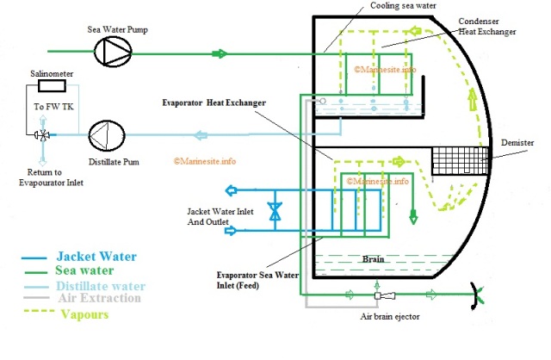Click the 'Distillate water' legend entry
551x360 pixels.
click(x=100, y=285)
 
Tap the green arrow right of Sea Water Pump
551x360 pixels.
click(x=220, y=53)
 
